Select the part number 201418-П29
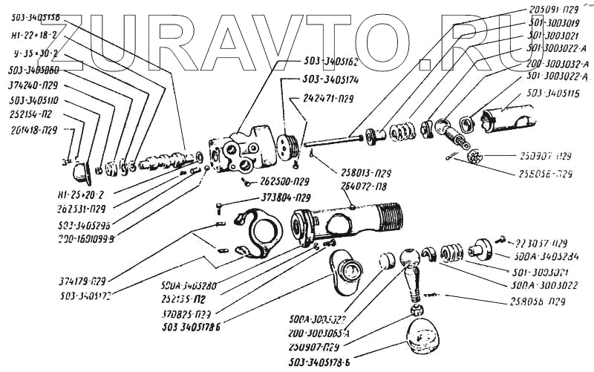30,130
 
